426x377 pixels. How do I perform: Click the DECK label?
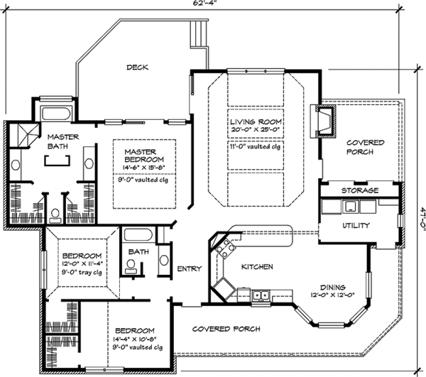(x=137, y=68)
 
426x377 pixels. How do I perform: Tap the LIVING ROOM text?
(x=256, y=121)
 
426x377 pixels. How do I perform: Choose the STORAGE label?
(x=359, y=191)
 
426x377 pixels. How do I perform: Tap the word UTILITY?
(x=346, y=225)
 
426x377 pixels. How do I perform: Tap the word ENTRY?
(x=189, y=268)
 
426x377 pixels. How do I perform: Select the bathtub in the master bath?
(x=53, y=113)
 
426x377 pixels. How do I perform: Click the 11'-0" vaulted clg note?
(x=256, y=146)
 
